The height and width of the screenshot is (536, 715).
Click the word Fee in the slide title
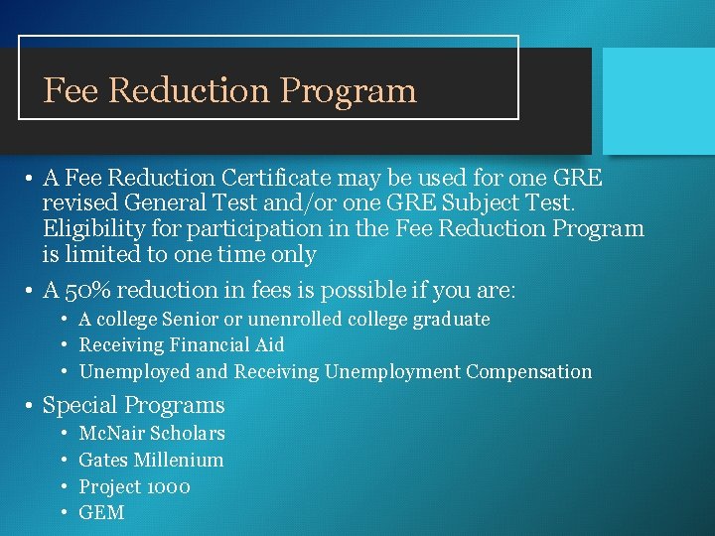tap(71, 91)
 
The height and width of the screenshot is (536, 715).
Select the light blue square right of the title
tap(658, 99)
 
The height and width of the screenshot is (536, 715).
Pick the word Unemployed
tap(134, 372)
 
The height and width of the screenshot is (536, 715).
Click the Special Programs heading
tap(133, 406)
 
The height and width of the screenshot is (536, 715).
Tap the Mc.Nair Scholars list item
tap(151, 434)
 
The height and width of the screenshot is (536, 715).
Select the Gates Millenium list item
tap(151, 461)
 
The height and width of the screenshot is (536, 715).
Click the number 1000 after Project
tap(168, 487)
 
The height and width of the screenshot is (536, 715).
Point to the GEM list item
tap(101, 513)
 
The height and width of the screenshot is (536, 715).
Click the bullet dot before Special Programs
tap(32, 407)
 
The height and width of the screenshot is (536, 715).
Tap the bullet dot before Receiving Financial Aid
tap(64, 346)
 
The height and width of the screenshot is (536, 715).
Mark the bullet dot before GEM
tap(64, 514)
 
